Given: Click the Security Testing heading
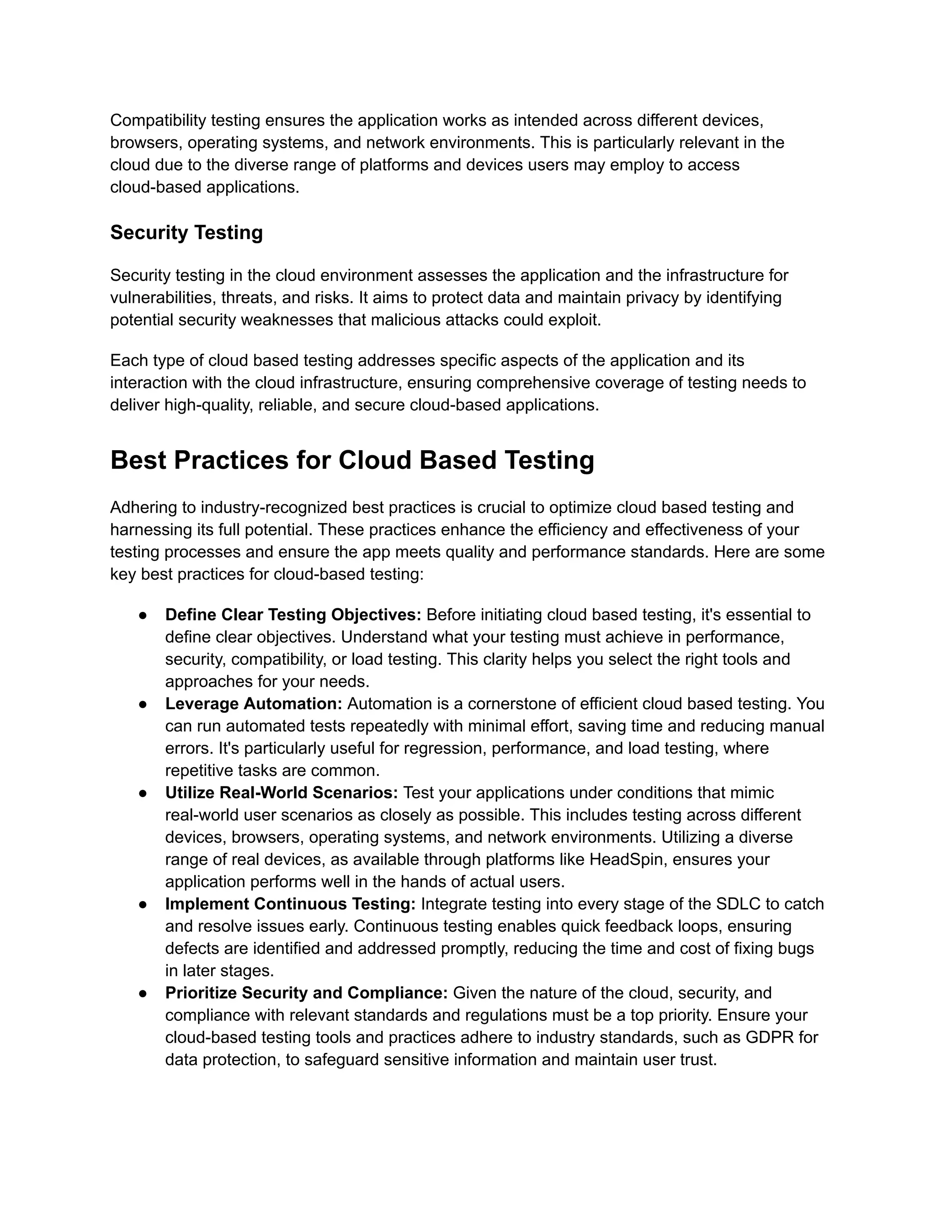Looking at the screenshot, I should [186, 232].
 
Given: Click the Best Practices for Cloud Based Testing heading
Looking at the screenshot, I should [351, 460].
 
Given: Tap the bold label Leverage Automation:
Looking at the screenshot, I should [253, 704].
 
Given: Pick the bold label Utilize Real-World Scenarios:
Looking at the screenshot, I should [281, 792].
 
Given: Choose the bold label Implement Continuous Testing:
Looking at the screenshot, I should [290, 904].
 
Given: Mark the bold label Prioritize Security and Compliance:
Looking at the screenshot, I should [306, 993].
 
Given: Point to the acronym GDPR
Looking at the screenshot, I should [770, 1037].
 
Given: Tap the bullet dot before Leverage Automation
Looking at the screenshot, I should [143, 704].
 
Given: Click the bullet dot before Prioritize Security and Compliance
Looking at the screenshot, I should [143, 993].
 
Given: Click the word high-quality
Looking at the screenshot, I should [209, 405].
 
